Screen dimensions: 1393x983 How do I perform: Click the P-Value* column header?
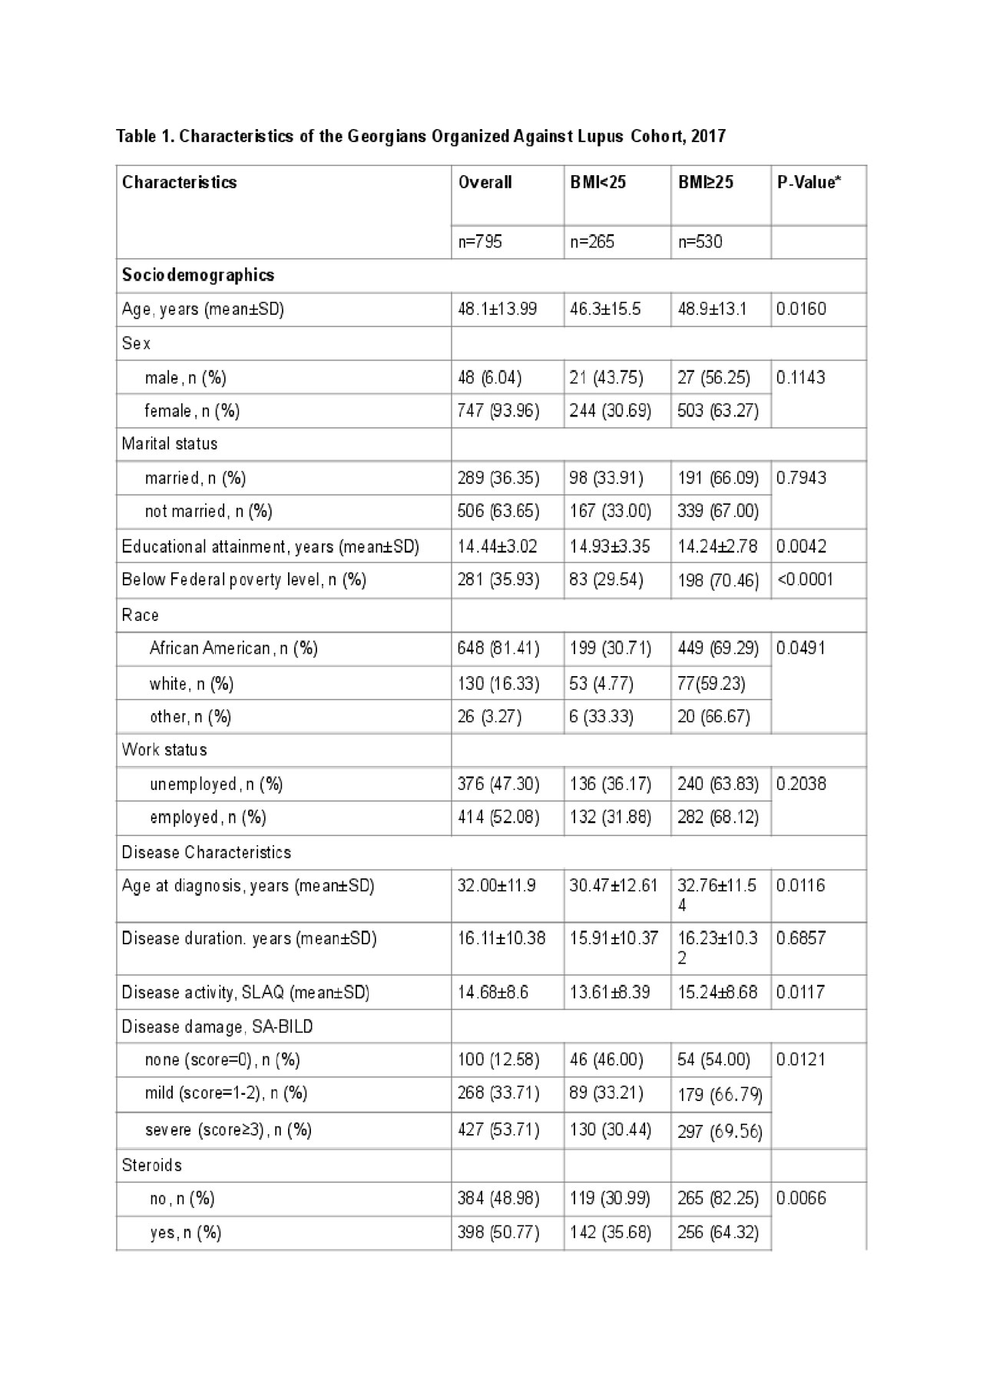click(x=809, y=182)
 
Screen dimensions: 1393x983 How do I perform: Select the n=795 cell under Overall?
click(x=480, y=242)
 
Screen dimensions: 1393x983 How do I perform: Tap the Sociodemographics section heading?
click(x=198, y=275)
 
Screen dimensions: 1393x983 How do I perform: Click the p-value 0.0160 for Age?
click(x=801, y=310)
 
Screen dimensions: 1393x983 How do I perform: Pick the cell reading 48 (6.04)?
click(x=490, y=377)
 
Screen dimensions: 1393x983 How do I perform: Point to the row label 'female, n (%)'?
click(x=192, y=411)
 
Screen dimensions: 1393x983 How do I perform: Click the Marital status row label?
click(x=170, y=444)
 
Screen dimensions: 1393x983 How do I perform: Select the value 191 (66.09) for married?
click(x=718, y=478)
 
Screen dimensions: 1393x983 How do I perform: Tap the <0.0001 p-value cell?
click(x=805, y=579)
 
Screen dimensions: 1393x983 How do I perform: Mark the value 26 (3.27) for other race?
click(x=490, y=717)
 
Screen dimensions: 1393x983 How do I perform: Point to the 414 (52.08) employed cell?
click(x=498, y=817)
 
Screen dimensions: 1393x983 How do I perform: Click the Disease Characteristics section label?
click(x=207, y=852)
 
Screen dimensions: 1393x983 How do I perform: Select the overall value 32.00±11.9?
click(x=497, y=886)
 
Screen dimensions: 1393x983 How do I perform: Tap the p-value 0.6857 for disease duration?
click(x=801, y=938)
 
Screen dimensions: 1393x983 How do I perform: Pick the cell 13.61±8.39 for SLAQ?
click(x=610, y=992)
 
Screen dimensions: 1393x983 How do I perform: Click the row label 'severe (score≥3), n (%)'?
click(x=228, y=1129)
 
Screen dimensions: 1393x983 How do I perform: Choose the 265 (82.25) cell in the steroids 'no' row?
click(x=718, y=1198)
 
